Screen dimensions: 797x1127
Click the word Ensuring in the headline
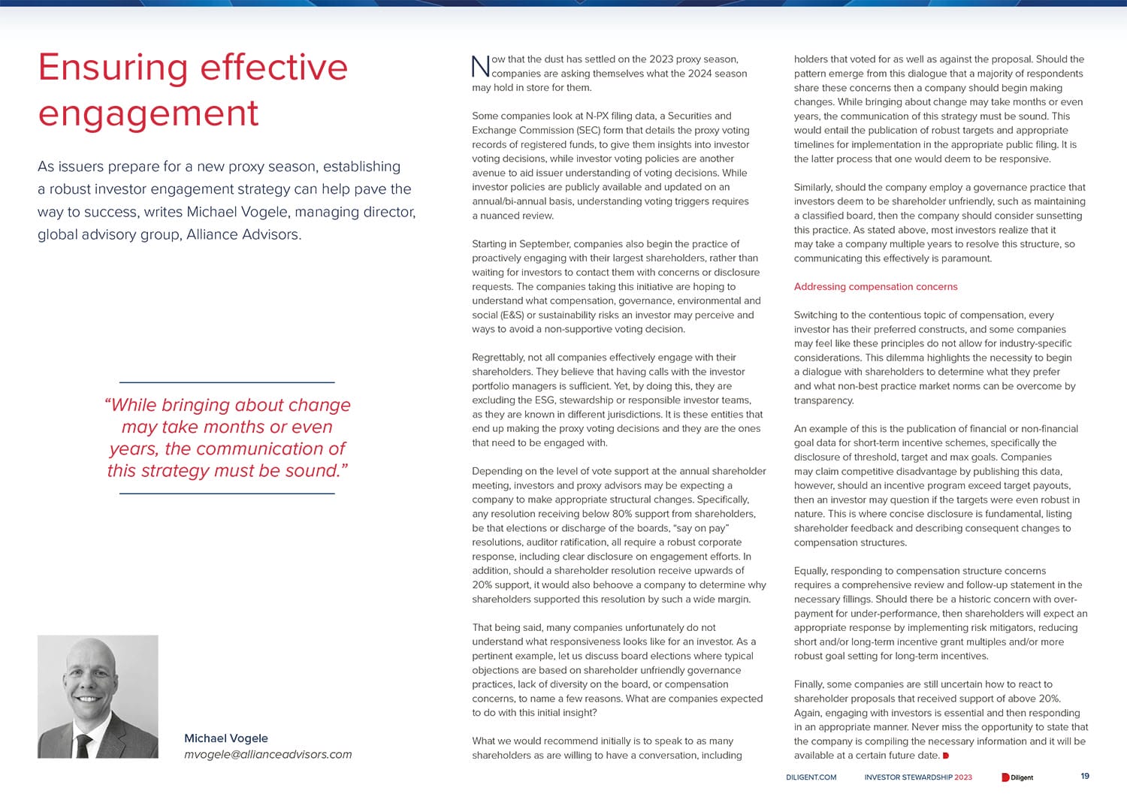(x=113, y=68)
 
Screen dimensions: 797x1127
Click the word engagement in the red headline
(x=148, y=114)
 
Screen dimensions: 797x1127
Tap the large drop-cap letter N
(x=480, y=67)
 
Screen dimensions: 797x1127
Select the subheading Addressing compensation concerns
(x=875, y=287)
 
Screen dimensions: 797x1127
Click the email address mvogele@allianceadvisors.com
(x=267, y=754)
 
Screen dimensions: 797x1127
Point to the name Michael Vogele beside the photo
(x=226, y=738)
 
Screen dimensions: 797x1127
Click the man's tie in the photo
(x=84, y=744)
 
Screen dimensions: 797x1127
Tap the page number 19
(x=1085, y=776)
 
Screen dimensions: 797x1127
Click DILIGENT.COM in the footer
(x=811, y=777)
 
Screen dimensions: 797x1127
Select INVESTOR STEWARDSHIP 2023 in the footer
(x=917, y=777)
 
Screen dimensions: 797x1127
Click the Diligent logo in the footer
(x=1017, y=777)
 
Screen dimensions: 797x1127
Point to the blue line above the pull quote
(x=227, y=382)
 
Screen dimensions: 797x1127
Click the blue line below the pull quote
(x=227, y=494)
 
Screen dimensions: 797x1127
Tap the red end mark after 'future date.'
(x=946, y=756)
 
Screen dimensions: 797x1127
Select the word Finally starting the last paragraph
(x=810, y=684)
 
